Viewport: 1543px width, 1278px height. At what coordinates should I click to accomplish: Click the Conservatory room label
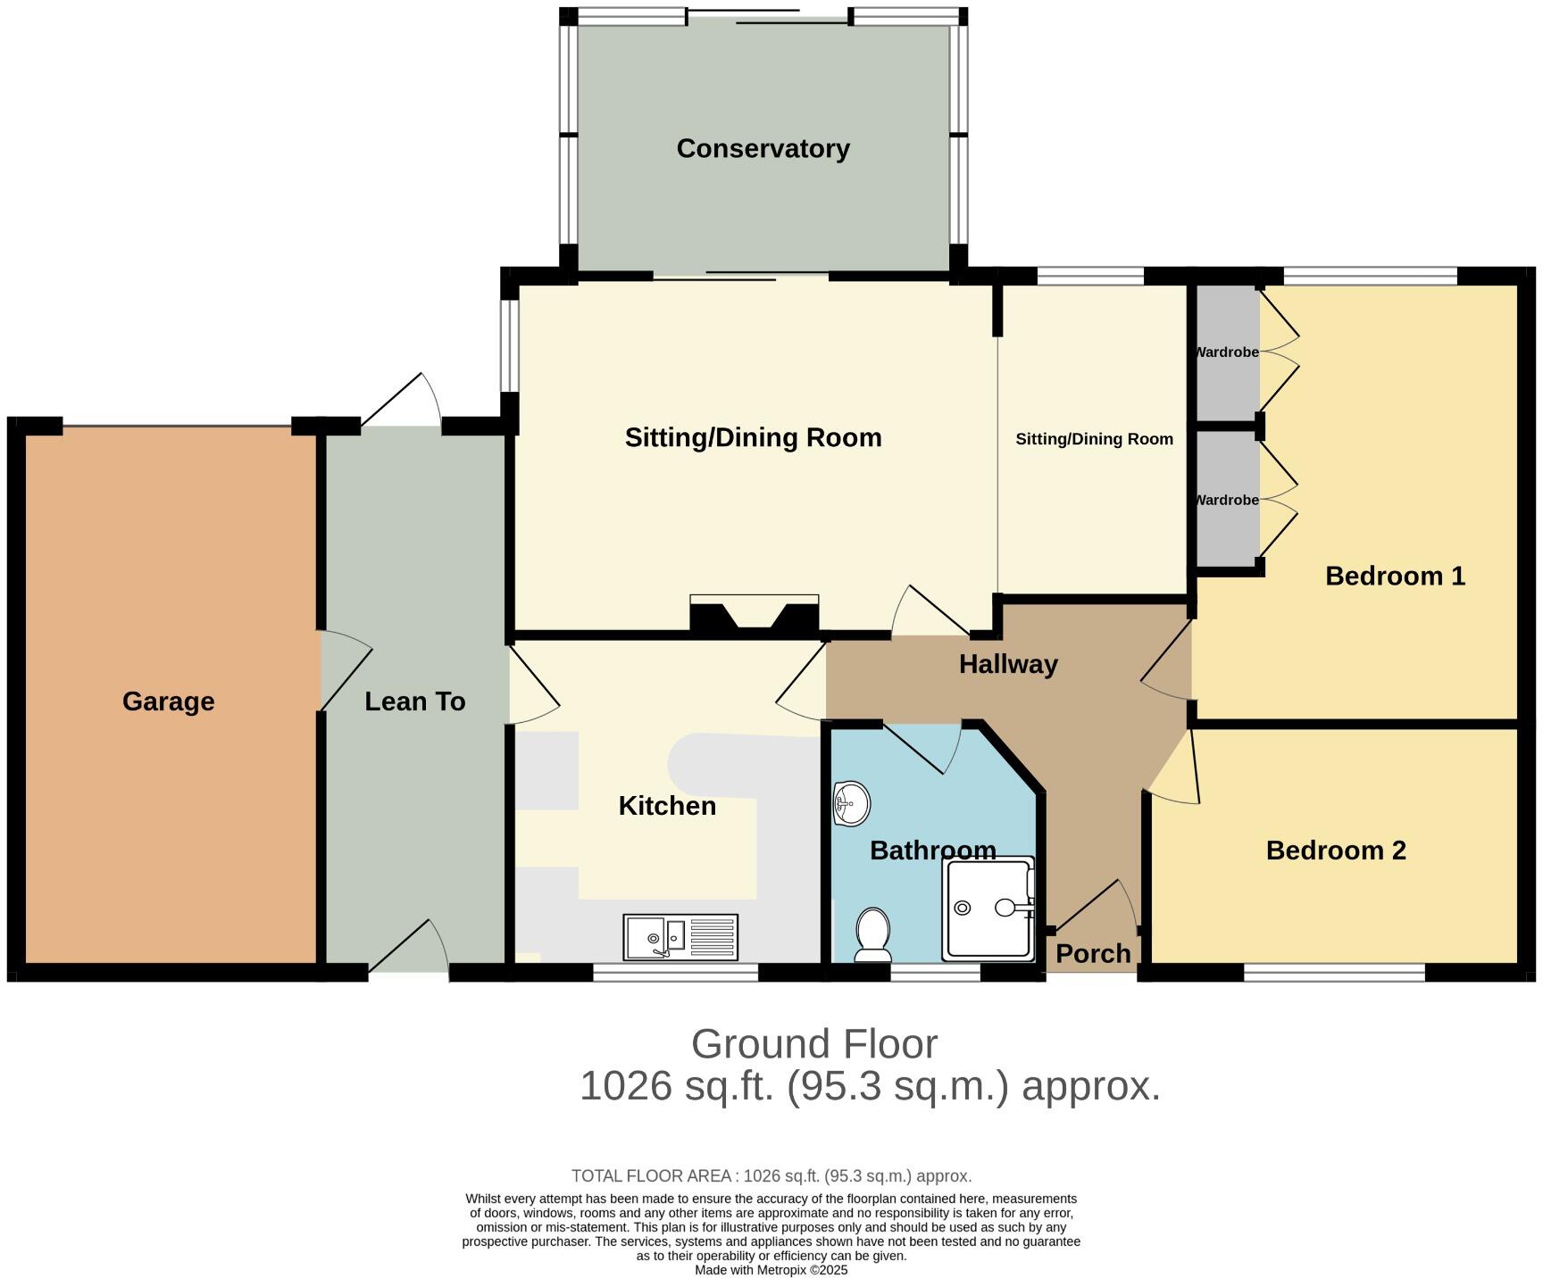[763, 148]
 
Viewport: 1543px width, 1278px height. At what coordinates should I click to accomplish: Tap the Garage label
[168, 701]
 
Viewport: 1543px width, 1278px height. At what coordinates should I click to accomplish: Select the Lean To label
[415, 701]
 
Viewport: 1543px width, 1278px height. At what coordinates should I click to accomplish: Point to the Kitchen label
[667, 806]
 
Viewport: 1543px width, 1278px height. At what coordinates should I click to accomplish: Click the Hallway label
[1008, 664]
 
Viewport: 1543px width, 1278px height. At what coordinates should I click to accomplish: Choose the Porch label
[1093, 953]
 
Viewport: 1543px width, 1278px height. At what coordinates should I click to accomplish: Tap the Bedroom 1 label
[1395, 576]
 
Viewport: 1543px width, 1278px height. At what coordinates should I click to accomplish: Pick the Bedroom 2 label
[1336, 850]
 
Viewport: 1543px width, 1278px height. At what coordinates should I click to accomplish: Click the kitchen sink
[681, 937]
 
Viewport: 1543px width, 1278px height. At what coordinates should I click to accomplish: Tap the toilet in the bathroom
[872, 935]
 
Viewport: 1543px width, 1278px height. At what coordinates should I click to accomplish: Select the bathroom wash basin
[851, 804]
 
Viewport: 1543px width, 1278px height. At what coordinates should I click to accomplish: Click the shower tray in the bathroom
[988, 909]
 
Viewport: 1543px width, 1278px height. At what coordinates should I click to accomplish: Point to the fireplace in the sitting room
[755, 616]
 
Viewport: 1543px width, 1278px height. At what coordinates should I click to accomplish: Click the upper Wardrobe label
[1228, 352]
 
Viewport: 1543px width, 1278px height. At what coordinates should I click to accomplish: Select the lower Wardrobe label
[1228, 500]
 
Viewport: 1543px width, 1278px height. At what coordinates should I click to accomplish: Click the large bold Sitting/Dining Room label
[753, 437]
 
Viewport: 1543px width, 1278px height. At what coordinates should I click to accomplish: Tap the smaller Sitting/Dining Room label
[1094, 439]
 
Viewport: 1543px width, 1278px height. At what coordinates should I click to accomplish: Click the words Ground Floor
[814, 1043]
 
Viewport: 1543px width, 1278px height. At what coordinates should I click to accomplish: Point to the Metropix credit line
[771, 1270]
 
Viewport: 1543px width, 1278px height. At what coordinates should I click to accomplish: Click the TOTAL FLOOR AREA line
[771, 1176]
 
